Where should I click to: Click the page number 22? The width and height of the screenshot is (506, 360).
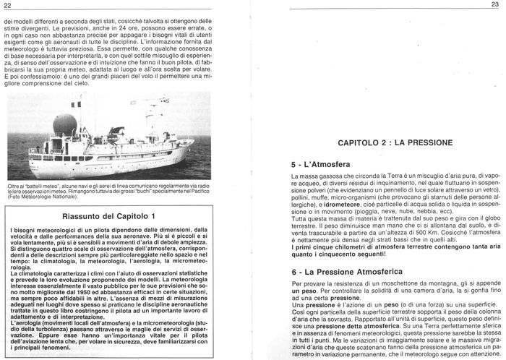(x=8, y=6)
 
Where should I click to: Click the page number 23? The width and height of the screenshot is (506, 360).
(x=496, y=5)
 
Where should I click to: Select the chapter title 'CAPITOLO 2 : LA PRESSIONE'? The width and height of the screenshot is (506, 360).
(x=393, y=144)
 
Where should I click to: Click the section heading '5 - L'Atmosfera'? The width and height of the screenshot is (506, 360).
(x=326, y=164)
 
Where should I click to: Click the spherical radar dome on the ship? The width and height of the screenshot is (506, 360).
(x=64, y=124)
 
